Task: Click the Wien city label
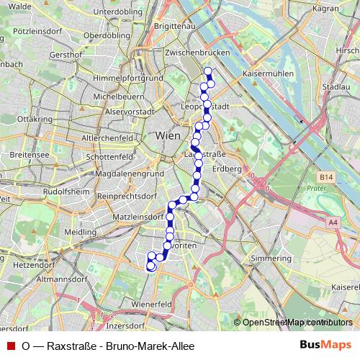point(167,135)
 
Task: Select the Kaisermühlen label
point(265,73)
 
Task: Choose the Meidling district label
point(79,233)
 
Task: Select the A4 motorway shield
point(333,223)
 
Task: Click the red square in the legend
point(11,346)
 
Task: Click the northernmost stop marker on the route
point(208,71)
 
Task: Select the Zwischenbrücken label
point(197,53)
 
